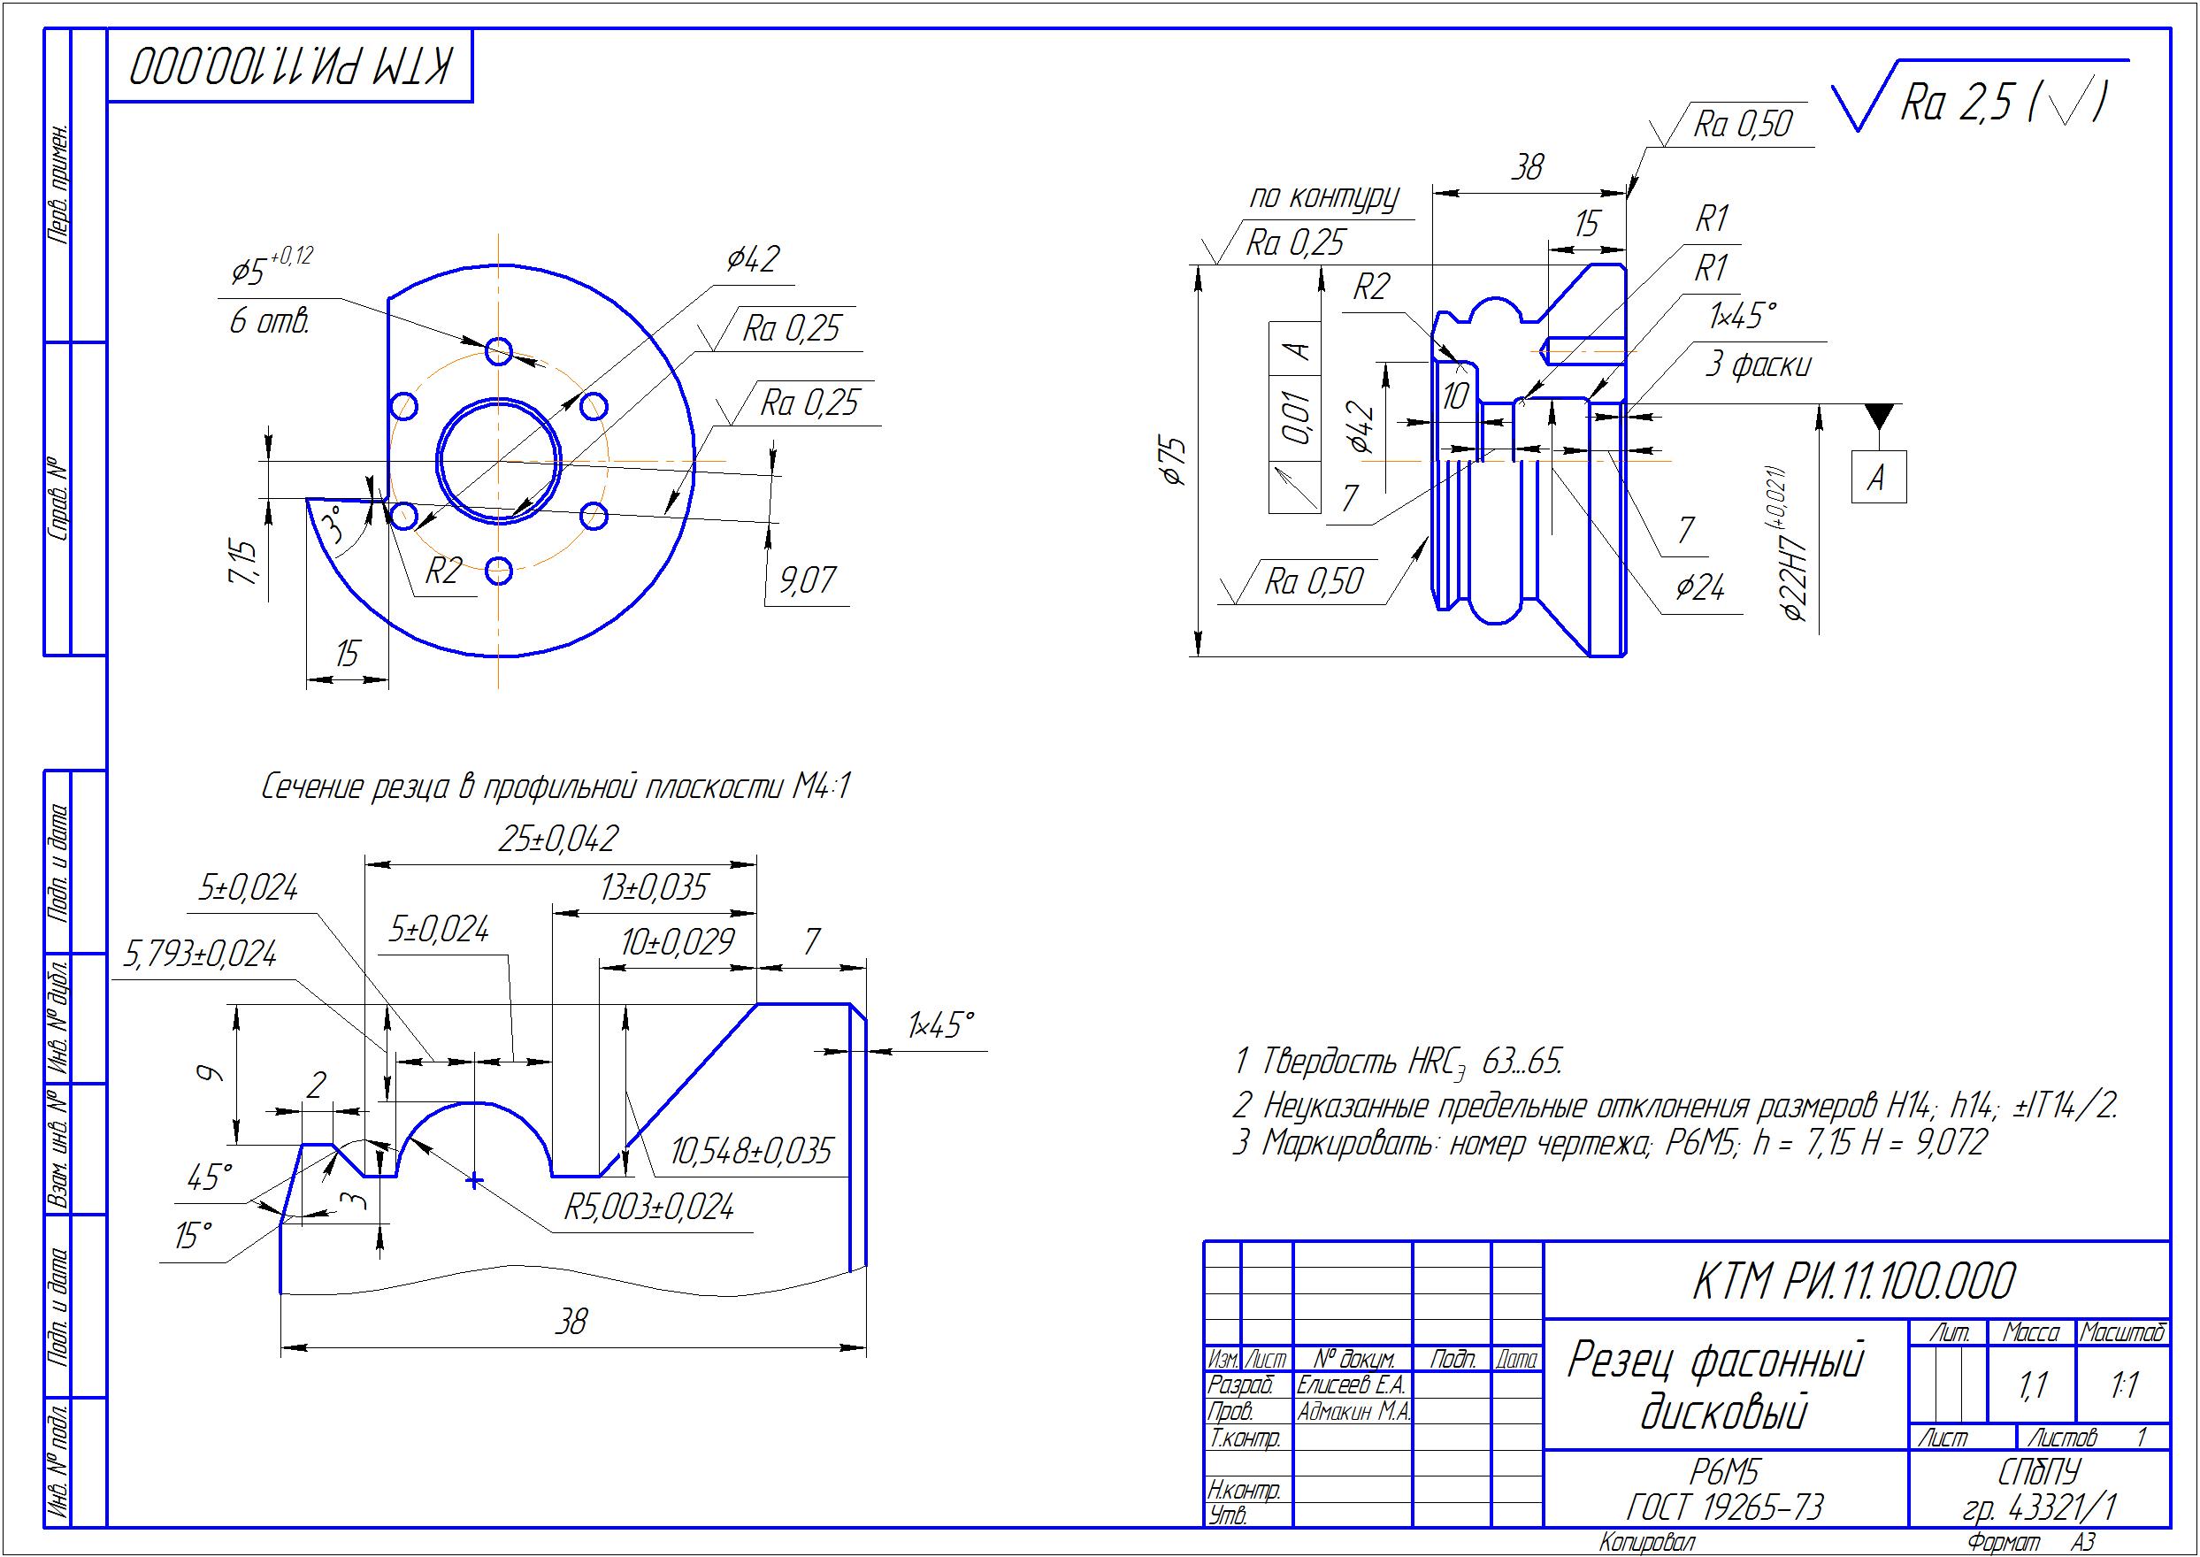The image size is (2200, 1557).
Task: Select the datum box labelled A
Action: (1877, 477)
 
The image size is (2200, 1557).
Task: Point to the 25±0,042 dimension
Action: (558, 839)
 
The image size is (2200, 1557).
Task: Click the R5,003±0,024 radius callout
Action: (649, 1206)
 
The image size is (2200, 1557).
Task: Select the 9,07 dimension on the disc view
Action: (807, 580)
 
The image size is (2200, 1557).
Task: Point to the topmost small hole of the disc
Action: (499, 351)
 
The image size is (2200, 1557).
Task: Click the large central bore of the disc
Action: (500, 461)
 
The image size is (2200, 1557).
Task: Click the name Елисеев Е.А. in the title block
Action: (1351, 1384)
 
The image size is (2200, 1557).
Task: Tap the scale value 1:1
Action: (2124, 1384)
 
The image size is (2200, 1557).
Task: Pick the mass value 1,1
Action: (2032, 1384)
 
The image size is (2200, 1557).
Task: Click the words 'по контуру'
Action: (1322, 197)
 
